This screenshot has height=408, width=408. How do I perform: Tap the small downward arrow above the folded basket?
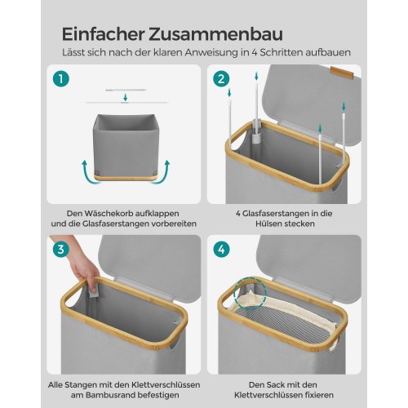(124, 100)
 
